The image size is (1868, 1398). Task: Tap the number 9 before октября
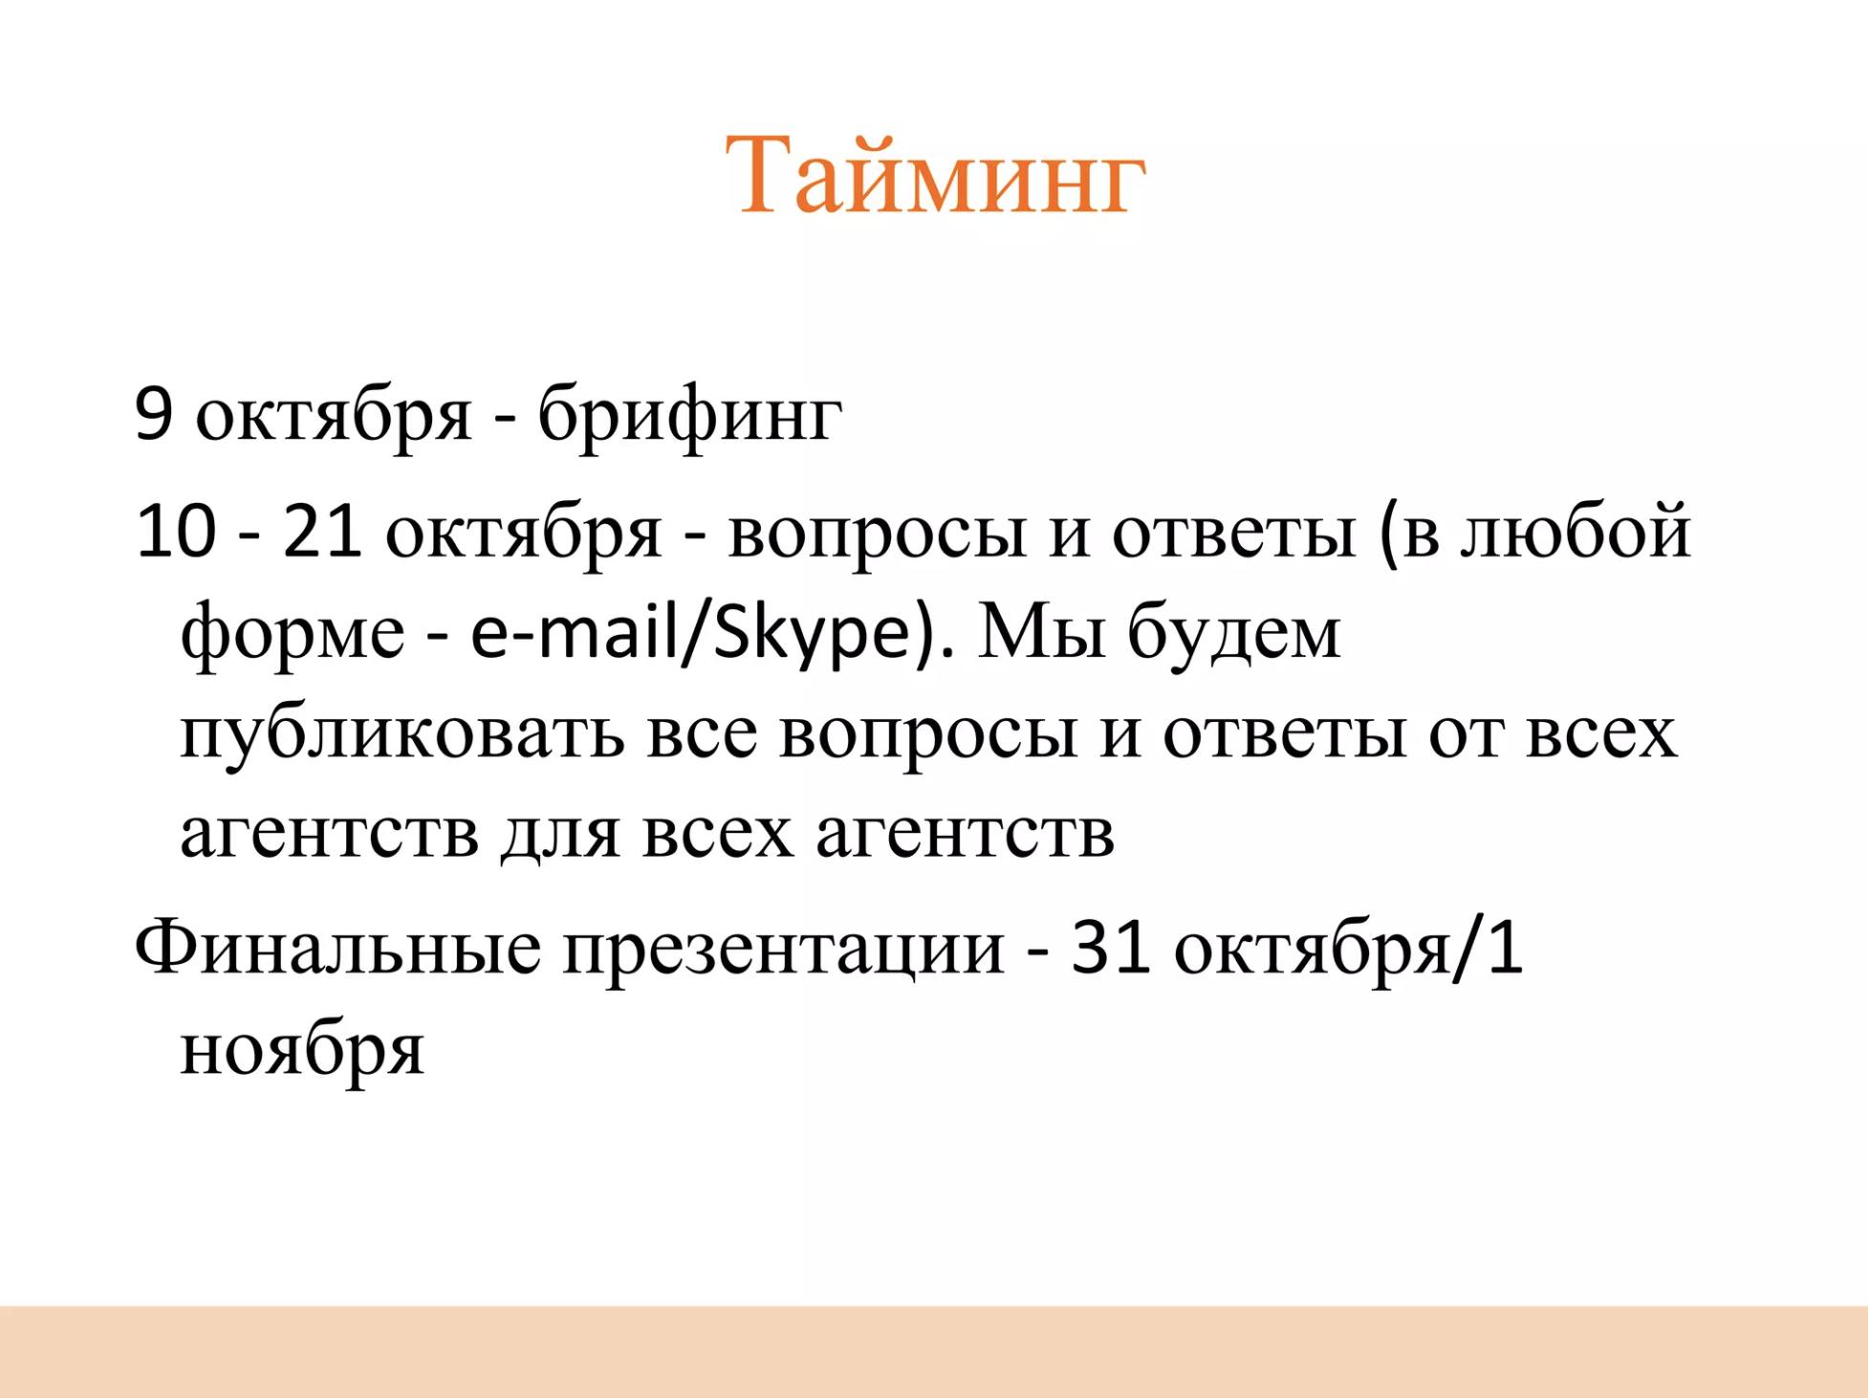(154, 414)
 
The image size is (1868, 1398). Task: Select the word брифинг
(689, 416)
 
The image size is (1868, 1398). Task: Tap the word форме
(293, 634)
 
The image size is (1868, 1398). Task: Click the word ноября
(302, 1049)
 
